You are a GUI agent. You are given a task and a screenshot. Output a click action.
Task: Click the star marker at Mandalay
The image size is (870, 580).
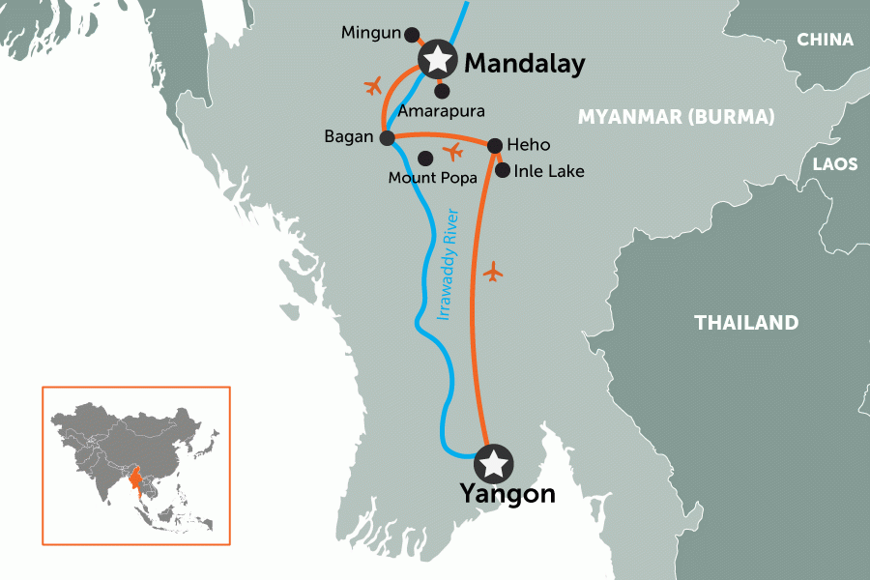pyautogui.click(x=437, y=61)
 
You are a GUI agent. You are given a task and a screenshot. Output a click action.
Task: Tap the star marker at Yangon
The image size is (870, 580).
pyautogui.click(x=495, y=463)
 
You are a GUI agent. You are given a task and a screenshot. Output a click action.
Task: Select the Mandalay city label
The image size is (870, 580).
pyautogui.click(x=525, y=65)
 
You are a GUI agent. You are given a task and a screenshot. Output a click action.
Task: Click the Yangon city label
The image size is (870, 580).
pyautogui.click(x=507, y=494)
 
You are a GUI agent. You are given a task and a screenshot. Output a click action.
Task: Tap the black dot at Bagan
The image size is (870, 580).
pyautogui.click(x=388, y=138)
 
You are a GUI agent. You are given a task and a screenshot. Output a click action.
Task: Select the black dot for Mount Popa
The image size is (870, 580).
pyautogui.click(x=423, y=158)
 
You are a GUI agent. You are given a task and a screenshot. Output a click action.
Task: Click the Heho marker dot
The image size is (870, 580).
pyautogui.click(x=494, y=146)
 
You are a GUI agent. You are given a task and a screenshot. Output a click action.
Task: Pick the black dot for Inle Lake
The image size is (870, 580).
pyautogui.click(x=502, y=170)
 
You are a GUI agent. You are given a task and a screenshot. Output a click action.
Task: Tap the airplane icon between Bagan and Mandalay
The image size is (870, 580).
pyautogui.click(x=374, y=87)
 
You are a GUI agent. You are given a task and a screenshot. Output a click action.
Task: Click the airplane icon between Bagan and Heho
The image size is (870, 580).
pyautogui.click(x=452, y=152)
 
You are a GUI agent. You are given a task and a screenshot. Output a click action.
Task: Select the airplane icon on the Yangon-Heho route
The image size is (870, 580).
pyautogui.click(x=494, y=273)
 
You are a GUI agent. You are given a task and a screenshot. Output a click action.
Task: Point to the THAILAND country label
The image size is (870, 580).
pyautogui.click(x=746, y=323)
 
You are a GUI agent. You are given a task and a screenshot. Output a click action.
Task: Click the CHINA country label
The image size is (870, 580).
pyautogui.click(x=825, y=40)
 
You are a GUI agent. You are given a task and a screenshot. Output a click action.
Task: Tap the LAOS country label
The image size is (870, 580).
pyautogui.click(x=834, y=164)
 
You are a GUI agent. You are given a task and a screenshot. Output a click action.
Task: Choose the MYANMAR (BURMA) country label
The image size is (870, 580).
pyautogui.click(x=676, y=118)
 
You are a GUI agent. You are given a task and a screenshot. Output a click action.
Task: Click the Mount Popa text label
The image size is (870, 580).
pyautogui.click(x=426, y=178)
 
